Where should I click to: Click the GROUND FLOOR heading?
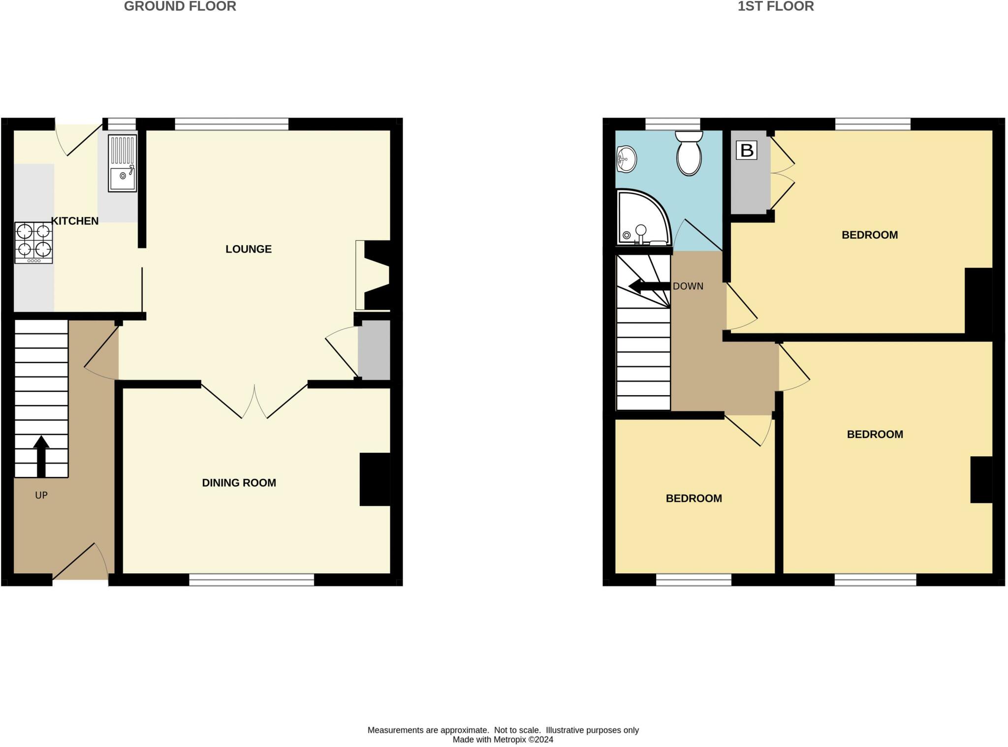point(180,6)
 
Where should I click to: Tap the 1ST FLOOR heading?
point(775,6)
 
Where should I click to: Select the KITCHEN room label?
point(75,221)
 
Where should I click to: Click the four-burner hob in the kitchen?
point(33,243)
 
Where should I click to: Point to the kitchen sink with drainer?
point(122,163)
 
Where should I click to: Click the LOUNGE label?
point(249,249)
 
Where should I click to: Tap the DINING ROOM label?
point(239,483)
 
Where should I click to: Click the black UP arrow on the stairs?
point(41,455)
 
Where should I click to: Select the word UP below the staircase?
point(41,495)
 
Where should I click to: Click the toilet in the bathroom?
point(689,153)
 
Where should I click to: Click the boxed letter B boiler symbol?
point(746,150)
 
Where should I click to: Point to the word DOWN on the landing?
point(688,286)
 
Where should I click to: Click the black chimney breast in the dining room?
point(375,479)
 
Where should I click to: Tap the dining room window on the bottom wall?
point(252,580)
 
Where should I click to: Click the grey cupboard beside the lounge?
point(374,350)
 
